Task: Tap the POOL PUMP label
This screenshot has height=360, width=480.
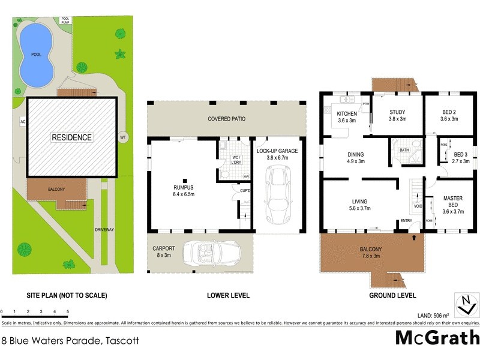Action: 65,20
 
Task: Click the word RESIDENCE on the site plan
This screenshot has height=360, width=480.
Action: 71,137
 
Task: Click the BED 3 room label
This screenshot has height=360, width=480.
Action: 460,157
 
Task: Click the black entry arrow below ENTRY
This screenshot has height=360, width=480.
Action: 414,238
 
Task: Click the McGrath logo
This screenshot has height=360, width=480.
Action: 437,337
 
